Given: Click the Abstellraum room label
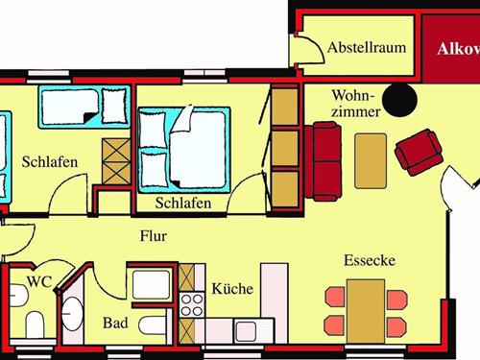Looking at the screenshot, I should click(x=365, y=47).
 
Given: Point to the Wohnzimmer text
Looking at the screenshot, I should click(x=357, y=104).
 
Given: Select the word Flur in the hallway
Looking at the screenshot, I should click(x=154, y=235).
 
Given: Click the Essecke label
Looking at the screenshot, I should click(x=370, y=261).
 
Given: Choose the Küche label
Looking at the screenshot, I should click(x=231, y=287).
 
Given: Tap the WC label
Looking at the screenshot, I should click(x=39, y=283).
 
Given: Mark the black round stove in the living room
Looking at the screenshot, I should click(x=396, y=97).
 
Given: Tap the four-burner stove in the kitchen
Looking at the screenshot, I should click(x=193, y=306).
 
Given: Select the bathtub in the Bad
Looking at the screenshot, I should click(x=152, y=284).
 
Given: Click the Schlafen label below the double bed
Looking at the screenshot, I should click(x=183, y=203).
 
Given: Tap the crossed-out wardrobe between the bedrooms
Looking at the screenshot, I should click(x=115, y=160).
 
